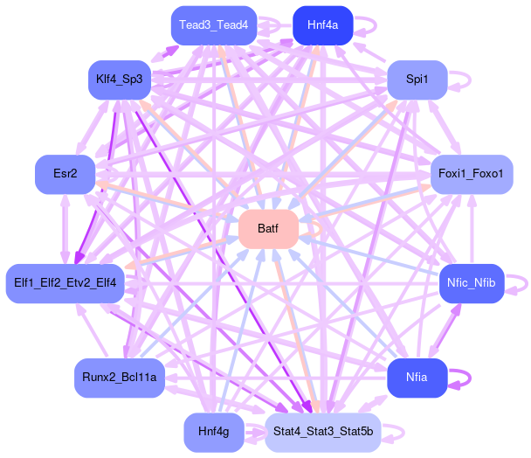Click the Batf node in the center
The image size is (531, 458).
269,229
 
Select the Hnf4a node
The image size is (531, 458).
322,24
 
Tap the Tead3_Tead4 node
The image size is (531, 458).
214,24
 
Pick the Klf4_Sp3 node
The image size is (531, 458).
120,80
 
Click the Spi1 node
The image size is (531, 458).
417,80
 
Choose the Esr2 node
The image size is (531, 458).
65,174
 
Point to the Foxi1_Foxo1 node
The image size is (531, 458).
472,174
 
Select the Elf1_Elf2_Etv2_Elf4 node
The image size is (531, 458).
65,283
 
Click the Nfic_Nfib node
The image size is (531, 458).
471,283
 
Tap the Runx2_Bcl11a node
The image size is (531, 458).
120,378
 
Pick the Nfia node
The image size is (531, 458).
417,378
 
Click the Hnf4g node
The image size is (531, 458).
213,432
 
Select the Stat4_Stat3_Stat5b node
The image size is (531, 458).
322,432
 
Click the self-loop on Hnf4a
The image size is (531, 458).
369,24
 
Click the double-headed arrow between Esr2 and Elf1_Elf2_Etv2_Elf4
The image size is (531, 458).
65,228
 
